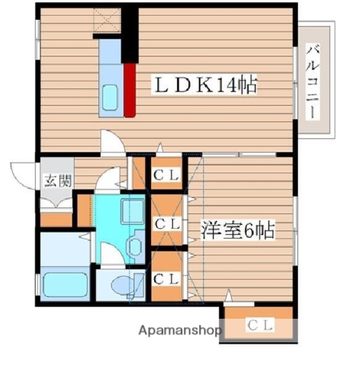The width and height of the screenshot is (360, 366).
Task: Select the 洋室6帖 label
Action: pos(237,229)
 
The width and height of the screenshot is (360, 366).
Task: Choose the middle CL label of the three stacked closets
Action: pos(166,225)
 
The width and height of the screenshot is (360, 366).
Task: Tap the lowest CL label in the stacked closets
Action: pos(166,279)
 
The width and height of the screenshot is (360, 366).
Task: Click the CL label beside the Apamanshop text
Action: pos(259,326)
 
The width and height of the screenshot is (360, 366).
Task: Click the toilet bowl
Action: pos(121,286)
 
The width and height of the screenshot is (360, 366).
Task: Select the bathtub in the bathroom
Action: pos(64,284)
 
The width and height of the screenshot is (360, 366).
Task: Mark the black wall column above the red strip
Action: pos(131,34)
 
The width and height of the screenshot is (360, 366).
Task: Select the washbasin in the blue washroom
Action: pos(133,246)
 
